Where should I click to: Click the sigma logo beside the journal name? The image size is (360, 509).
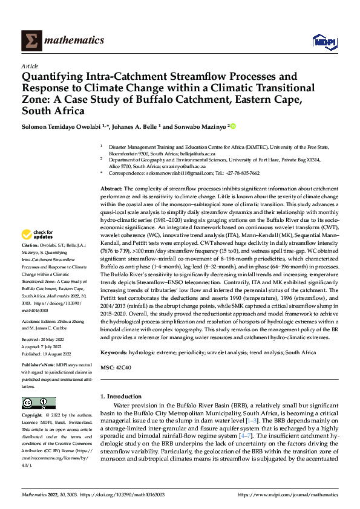pyautogui.click(x=30, y=40)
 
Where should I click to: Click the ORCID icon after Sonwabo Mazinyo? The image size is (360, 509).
pyautogui.click(x=233, y=126)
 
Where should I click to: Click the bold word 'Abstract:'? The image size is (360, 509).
pyautogui.click(x=113, y=190)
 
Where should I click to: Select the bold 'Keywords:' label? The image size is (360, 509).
pyautogui.click(x=114, y=352)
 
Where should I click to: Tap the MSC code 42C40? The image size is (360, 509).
pyautogui.click(x=124, y=367)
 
